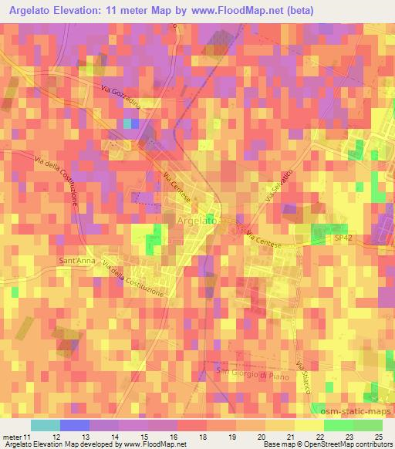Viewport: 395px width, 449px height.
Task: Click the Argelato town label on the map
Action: click(197, 221)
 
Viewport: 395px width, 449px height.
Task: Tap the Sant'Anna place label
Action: click(76, 261)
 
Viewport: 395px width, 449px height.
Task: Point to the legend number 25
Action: click(378, 436)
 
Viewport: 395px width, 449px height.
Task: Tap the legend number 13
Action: click(75, 436)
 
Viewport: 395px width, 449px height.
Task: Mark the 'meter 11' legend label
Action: click(18, 436)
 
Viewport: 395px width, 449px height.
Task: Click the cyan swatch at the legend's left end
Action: click(46, 425)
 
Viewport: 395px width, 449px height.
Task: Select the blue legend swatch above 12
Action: click(74, 425)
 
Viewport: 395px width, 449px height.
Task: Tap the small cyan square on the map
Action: click(127, 123)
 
